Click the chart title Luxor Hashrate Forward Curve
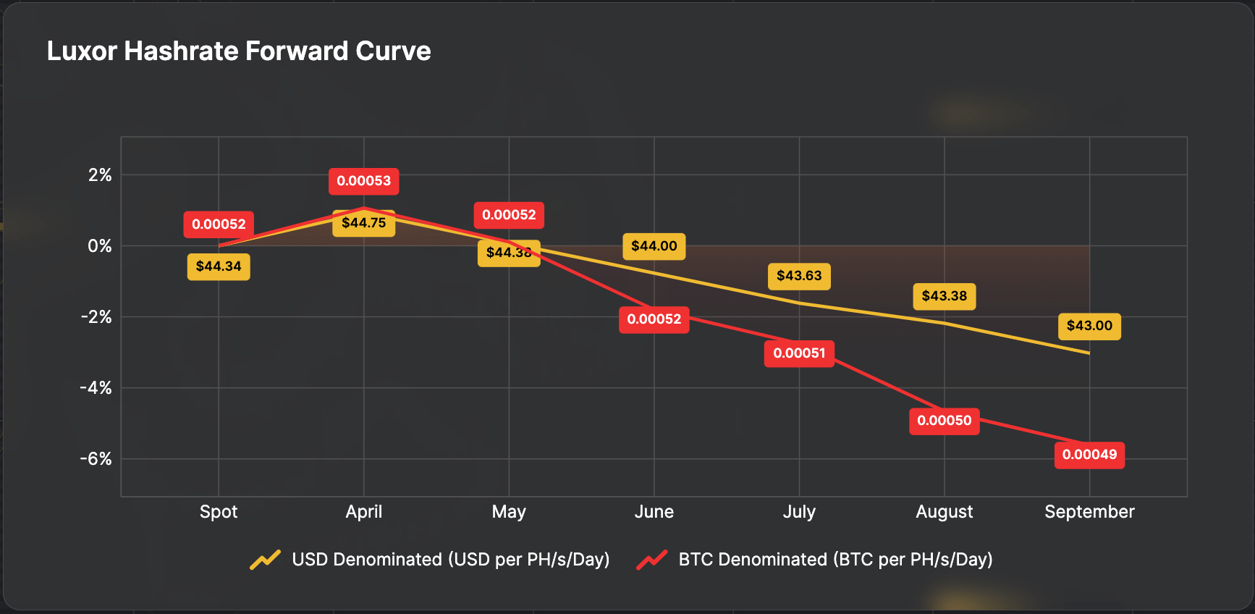[239, 51]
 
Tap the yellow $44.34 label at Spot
[219, 266]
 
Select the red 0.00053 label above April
[363, 181]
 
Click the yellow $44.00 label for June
[654, 246]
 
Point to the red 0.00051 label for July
[799, 353]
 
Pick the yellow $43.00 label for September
[1089, 326]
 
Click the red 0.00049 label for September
[1089, 455]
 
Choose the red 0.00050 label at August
[944, 421]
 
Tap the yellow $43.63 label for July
[799, 276]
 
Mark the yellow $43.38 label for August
[944, 296]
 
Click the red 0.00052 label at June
[654, 319]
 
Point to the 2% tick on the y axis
[100, 175]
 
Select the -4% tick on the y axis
[96, 388]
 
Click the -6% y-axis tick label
[96, 459]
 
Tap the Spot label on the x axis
[219, 512]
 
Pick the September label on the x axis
[1089, 512]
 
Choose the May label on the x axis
[509, 512]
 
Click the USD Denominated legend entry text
[450, 560]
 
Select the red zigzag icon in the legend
[651, 560]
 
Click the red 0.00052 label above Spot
[219, 224]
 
